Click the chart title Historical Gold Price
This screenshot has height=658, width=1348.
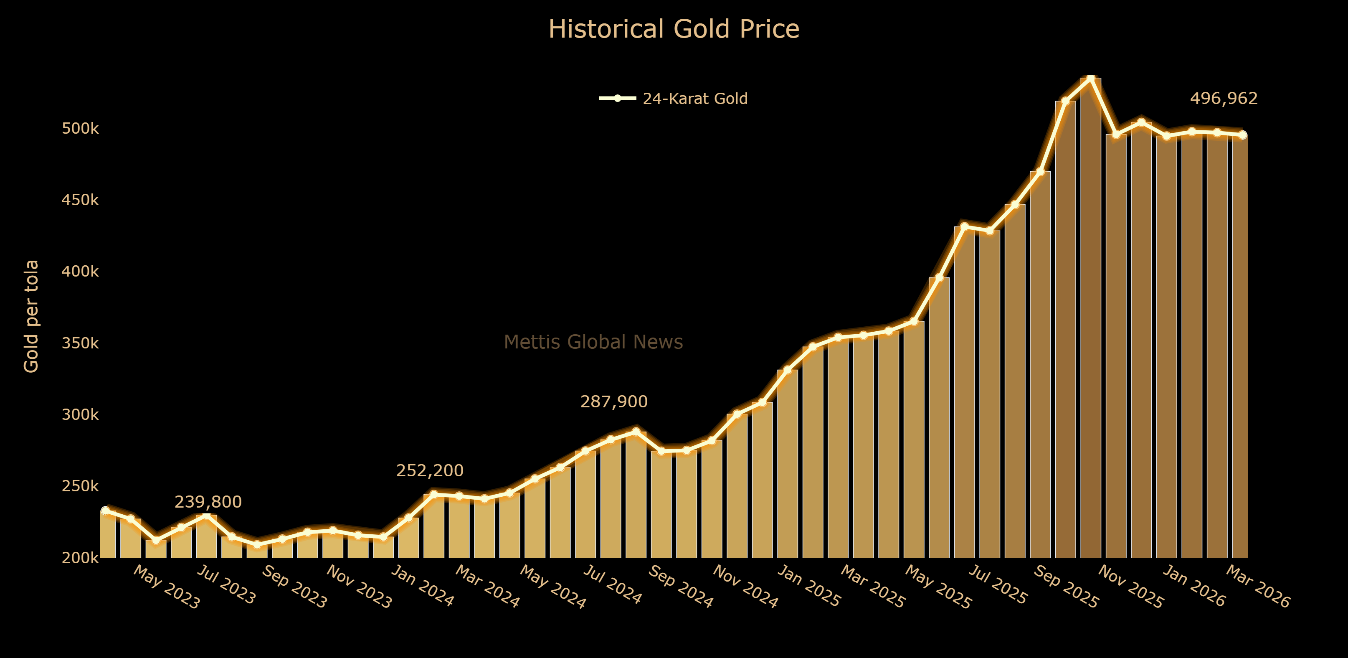pyautogui.click(x=674, y=29)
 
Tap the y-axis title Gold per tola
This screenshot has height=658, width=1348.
pyautogui.click(x=31, y=316)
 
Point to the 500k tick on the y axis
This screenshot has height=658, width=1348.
pyautogui.click(x=80, y=128)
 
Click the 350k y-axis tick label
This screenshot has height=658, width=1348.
pyautogui.click(x=80, y=343)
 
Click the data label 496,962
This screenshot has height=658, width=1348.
pyautogui.click(x=1224, y=99)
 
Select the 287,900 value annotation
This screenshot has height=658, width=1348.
pyautogui.click(x=614, y=401)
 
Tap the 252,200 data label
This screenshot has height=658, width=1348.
pyautogui.click(x=430, y=470)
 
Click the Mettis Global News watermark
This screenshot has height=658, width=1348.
pyautogui.click(x=593, y=342)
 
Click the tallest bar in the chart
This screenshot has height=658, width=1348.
pyautogui.click(x=1090, y=314)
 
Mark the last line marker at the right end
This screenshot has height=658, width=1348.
pyautogui.click(x=1242, y=135)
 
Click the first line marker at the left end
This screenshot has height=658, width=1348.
pyautogui.click(x=105, y=511)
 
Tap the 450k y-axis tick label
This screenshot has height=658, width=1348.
pyautogui.click(x=80, y=200)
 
